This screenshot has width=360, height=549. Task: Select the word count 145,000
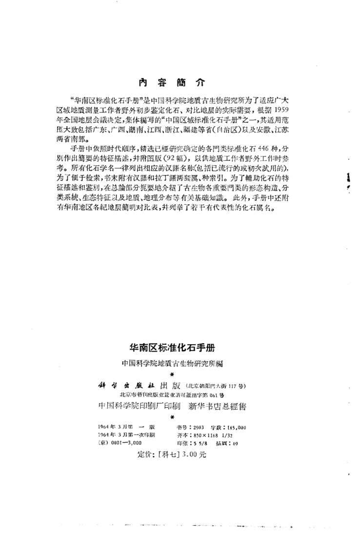coord(236,427)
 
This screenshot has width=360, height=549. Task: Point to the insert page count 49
coord(235,443)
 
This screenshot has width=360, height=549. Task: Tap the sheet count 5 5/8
coord(198,443)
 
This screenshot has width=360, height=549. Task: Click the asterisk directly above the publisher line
coord(171,374)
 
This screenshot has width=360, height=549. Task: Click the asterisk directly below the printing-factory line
coord(171,416)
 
